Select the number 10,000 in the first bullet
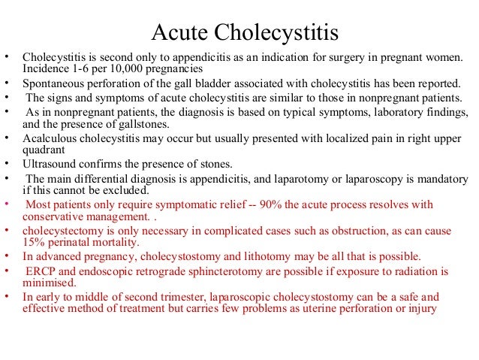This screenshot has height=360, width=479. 124,70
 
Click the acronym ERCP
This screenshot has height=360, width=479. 43,271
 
